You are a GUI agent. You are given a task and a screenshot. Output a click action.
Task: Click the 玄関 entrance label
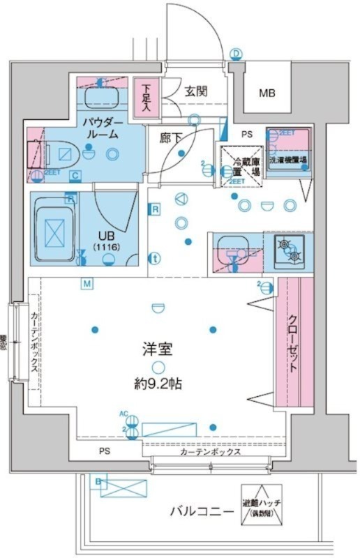[195, 90]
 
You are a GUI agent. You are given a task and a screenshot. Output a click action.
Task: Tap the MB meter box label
[267, 92]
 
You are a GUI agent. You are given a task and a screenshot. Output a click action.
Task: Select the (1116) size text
[105, 247]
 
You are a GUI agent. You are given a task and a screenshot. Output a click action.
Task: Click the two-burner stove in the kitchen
[288, 250]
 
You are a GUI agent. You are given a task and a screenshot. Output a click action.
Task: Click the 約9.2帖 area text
[159, 383]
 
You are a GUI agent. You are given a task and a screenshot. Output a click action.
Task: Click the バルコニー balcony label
[202, 512]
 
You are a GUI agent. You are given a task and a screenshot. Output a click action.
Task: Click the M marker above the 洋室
[87, 284]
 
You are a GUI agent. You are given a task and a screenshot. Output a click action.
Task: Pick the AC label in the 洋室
[123, 414]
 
